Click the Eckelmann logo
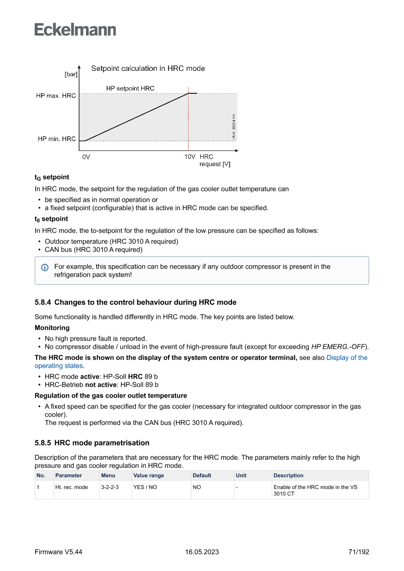click(x=75, y=29)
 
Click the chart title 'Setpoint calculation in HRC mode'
click(x=148, y=68)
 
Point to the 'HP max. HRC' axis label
click(x=56, y=96)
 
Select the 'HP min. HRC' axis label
click(x=57, y=139)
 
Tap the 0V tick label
click(x=86, y=157)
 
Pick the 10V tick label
click(x=190, y=157)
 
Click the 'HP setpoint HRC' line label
click(x=130, y=88)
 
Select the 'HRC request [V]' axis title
click(x=214, y=161)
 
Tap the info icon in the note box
click(x=45, y=267)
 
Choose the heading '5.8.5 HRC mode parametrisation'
click(x=92, y=443)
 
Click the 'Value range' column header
click(x=149, y=475)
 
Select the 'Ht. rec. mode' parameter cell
click(x=71, y=487)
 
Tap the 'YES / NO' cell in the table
click(x=145, y=487)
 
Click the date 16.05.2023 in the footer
click(x=202, y=552)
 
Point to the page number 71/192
click(x=359, y=552)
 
